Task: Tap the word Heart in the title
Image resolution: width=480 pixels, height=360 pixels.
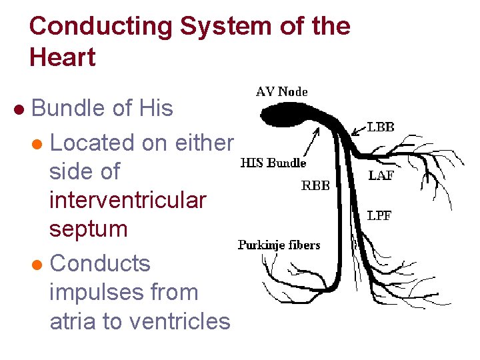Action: coord(63,57)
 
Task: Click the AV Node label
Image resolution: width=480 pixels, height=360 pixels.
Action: coord(282,92)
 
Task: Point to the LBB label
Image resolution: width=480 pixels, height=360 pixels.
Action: coord(381,127)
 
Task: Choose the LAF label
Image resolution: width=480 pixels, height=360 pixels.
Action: coord(380,176)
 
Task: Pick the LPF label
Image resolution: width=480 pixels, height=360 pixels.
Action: coord(379,215)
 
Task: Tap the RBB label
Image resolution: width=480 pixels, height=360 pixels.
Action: coord(315,186)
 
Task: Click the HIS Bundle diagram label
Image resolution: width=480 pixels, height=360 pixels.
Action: coord(273,163)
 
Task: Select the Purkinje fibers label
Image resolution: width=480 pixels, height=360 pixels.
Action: coord(279,245)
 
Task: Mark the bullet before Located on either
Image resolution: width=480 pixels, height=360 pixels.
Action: coord(39,144)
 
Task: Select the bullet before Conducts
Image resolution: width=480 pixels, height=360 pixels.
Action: coord(39,265)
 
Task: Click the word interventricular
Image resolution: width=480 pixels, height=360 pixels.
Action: coord(128,200)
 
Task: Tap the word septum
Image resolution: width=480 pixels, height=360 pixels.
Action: coord(88,229)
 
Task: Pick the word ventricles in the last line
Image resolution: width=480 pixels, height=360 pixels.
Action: coord(179,321)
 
